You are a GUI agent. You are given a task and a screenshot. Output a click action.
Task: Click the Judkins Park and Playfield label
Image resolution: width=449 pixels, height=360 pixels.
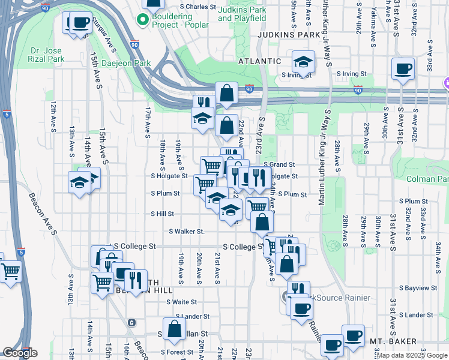[x=242, y=14]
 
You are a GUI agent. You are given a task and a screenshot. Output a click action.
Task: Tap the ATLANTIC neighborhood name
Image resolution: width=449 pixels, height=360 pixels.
[x=259, y=61]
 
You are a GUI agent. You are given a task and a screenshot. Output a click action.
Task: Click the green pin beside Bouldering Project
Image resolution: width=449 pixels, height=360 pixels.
[x=143, y=20]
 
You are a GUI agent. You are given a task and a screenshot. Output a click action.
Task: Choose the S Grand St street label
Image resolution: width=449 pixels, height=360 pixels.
[x=279, y=164]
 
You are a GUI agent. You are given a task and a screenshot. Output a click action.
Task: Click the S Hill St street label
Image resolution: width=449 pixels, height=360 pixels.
[x=162, y=214]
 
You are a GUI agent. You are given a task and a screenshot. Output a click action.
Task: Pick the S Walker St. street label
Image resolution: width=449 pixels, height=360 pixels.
[x=187, y=231]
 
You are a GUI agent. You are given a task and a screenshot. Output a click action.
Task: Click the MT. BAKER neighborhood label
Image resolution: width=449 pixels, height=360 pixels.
[x=393, y=341]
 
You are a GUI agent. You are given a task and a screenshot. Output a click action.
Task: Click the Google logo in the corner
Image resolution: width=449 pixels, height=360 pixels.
[x=19, y=353]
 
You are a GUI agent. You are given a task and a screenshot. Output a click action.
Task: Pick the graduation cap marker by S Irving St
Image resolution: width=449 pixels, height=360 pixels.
[x=304, y=62]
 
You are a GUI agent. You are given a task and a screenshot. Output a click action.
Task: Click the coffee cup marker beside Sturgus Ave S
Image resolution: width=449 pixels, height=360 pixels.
[x=80, y=23]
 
